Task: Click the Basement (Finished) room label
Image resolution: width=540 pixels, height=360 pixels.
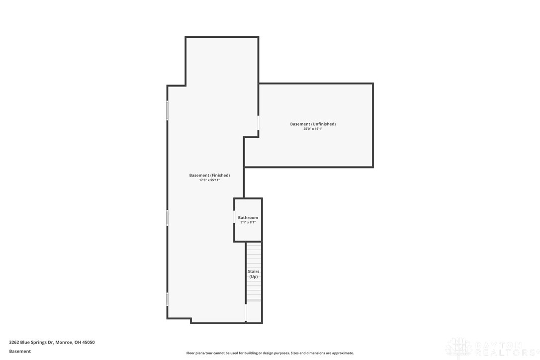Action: [209, 175]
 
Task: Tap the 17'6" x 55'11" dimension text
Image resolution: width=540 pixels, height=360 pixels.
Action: [209, 180]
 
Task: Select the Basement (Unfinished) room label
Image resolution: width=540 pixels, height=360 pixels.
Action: [313, 124]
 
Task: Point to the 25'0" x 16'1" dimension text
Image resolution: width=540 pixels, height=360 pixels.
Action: [313, 129]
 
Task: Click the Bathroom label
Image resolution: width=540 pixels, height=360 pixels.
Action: [248, 218]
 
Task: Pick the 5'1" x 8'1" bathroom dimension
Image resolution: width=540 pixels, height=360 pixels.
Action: [248, 222]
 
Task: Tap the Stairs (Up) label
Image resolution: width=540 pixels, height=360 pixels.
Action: [254, 274]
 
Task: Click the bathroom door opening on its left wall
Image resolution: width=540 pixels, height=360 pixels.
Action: [235, 217]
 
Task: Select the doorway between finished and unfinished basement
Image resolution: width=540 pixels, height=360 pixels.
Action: [258, 123]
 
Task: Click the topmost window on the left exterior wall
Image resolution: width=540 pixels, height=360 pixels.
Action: [167, 110]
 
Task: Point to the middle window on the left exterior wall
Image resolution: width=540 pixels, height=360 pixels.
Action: [167, 218]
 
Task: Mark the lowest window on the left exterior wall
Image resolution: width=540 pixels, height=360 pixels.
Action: [167, 299]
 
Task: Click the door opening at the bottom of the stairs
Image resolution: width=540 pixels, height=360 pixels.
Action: [246, 312]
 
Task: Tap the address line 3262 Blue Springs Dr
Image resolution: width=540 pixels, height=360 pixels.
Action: [52, 342]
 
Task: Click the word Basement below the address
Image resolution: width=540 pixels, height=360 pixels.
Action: [20, 351]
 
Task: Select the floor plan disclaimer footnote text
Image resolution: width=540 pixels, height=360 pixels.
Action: [270, 353]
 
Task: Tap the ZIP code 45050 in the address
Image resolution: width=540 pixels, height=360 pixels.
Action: [88, 342]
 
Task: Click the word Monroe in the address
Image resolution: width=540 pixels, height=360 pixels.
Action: [64, 342]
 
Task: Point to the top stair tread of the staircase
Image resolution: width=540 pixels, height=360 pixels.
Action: [254, 244]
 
